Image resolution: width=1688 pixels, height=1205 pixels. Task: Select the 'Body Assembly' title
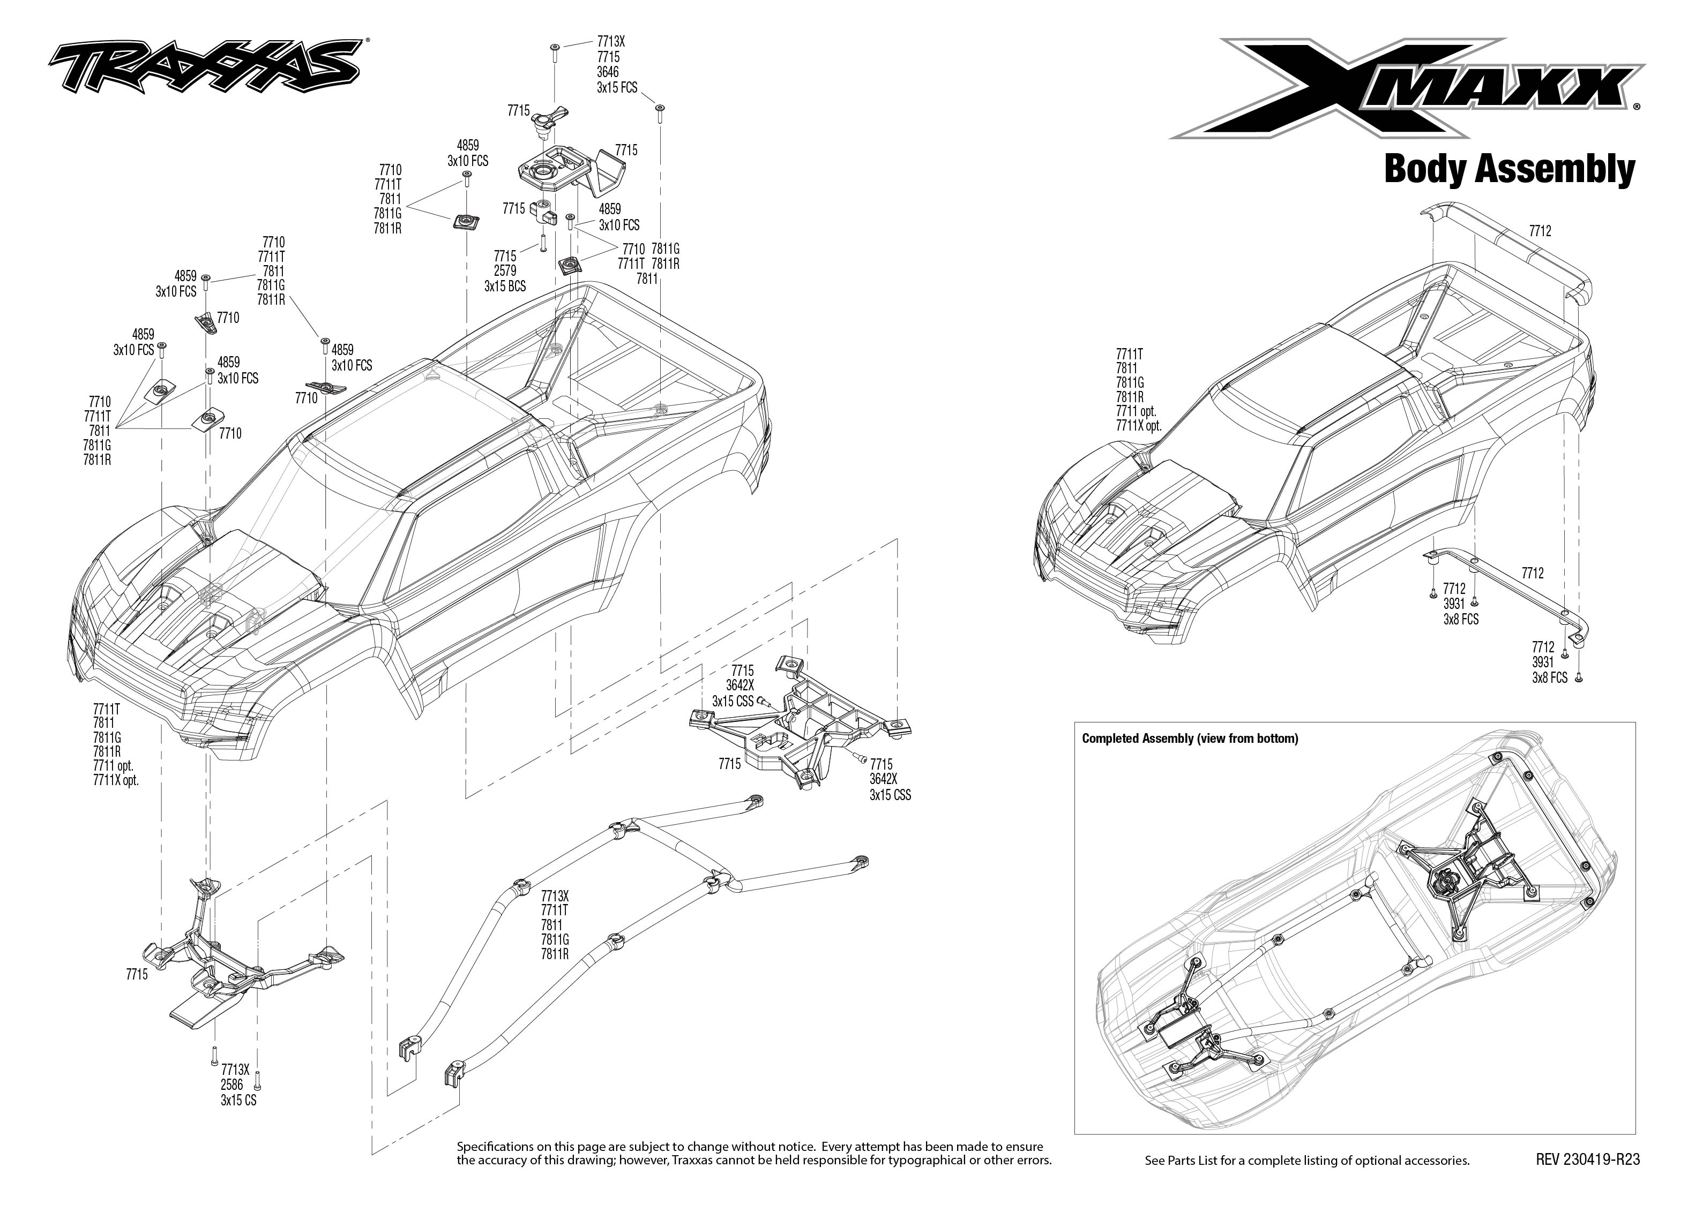1509,169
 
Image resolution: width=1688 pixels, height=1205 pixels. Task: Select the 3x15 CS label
238,1101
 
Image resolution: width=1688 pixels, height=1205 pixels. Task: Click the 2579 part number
505,272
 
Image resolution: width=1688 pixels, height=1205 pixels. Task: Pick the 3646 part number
608,72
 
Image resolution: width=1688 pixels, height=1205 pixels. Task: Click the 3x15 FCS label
617,87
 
